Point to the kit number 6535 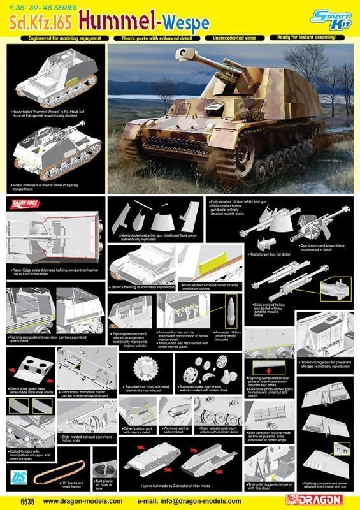(x=17, y=501)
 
